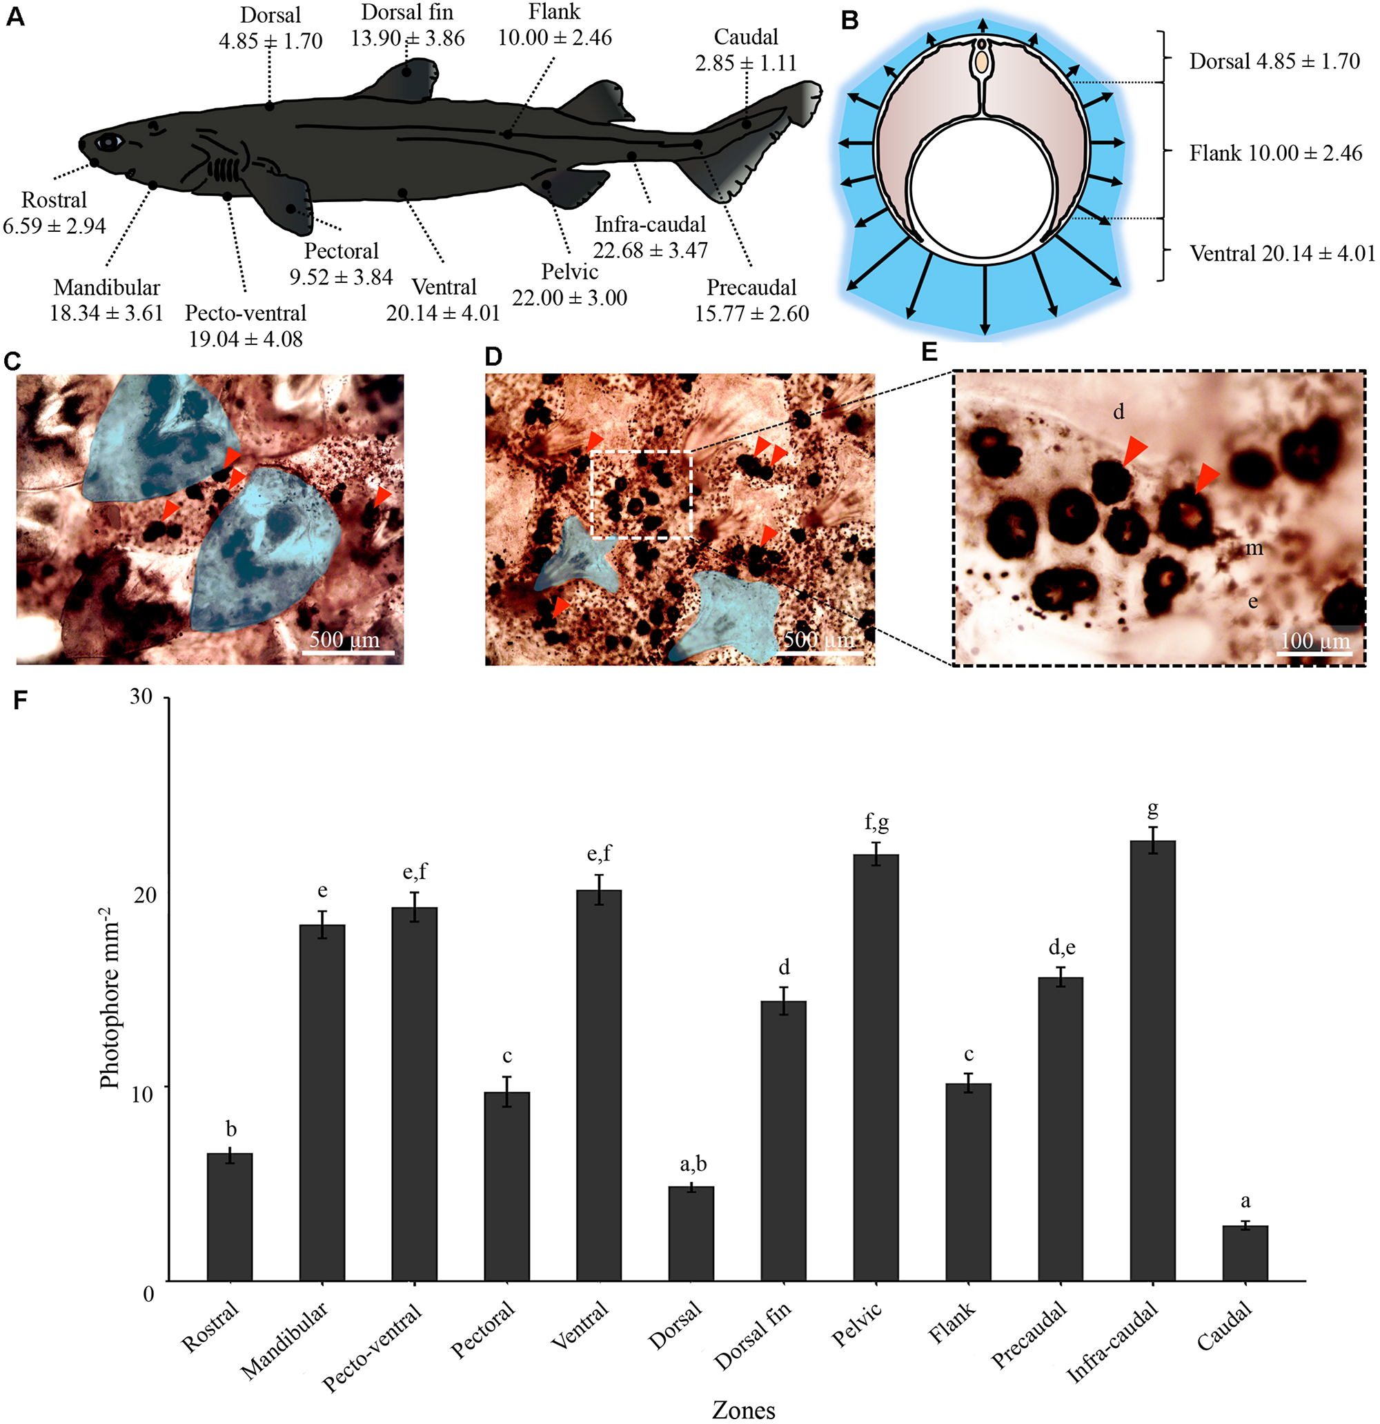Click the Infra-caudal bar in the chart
pyautogui.click(x=1152, y=1060)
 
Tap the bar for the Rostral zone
pyautogui.click(x=230, y=1216)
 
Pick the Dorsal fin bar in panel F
pyautogui.click(x=783, y=1140)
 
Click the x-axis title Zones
pyautogui.click(x=742, y=1410)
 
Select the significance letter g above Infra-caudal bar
pyautogui.click(x=1152, y=809)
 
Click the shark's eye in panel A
pyautogui.click(x=109, y=141)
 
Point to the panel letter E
pyautogui.click(x=929, y=353)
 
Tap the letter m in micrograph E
pyautogui.click(x=1254, y=548)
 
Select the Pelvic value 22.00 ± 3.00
pyautogui.click(x=570, y=298)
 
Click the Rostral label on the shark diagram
pyautogui.click(x=54, y=200)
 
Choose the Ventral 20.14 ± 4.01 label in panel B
pyautogui.click(x=1282, y=254)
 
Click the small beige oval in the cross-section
pyautogui.click(x=982, y=63)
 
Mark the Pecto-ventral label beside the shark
pyautogui.click(x=246, y=313)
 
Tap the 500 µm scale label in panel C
pyautogui.click(x=344, y=640)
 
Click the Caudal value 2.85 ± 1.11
pyautogui.click(x=746, y=63)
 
